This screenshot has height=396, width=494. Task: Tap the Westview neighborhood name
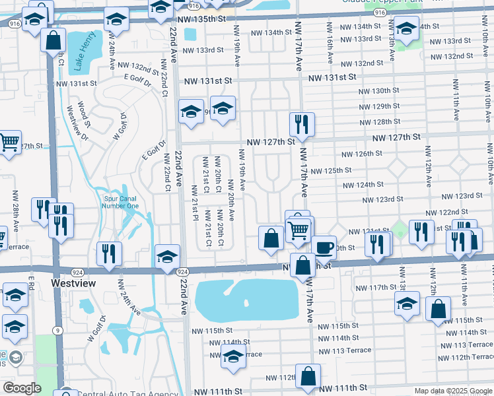pyautogui.click(x=73, y=283)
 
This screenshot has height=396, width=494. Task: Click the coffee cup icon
pyautogui.click(x=323, y=248)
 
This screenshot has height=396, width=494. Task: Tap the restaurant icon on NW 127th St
pyautogui.click(x=301, y=123)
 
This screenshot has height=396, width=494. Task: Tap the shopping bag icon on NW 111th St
pyautogui.click(x=308, y=376)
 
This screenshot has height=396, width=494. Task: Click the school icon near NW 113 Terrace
pyautogui.click(x=233, y=356)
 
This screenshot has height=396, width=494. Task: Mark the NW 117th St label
pyautogui.click(x=376, y=288)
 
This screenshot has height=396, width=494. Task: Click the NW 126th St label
pyautogui.click(x=363, y=154)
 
